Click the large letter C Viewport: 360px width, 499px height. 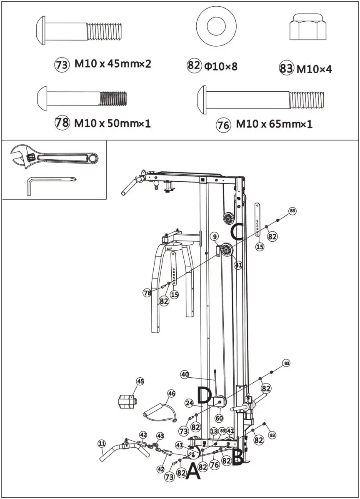pyautogui.click(x=237, y=231)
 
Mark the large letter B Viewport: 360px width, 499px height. pyautogui.click(x=237, y=457)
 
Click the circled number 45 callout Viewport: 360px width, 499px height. pyautogui.click(x=140, y=381)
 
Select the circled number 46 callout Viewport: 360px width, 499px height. pyautogui.click(x=171, y=394)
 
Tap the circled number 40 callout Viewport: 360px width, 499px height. pyautogui.click(x=185, y=374)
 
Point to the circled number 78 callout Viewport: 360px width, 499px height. pyautogui.click(x=147, y=293)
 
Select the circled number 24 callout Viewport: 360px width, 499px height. pyautogui.click(x=190, y=403)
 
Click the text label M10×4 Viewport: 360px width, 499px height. pyautogui.click(x=314, y=69)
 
